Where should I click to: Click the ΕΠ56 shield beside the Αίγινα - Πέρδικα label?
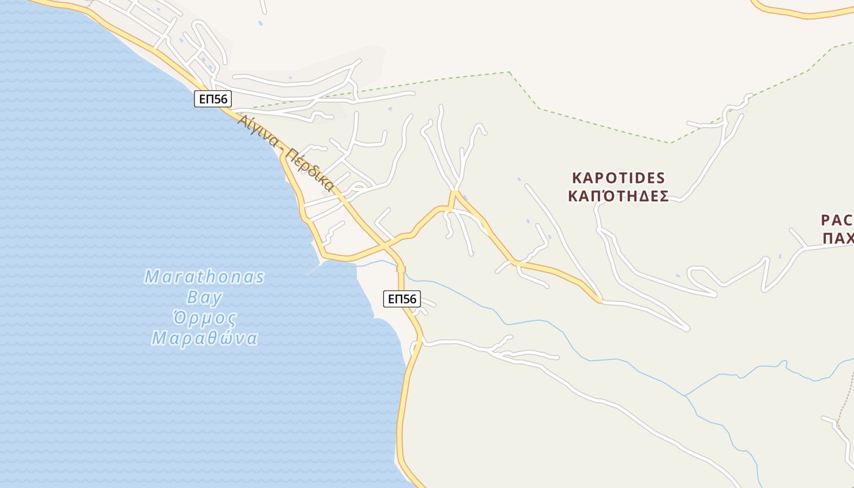[x=213, y=99]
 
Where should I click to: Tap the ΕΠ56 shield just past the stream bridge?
[x=402, y=299]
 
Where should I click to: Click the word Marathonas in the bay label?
[x=204, y=278]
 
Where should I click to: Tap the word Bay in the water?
[x=204, y=298]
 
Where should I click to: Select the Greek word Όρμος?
[x=204, y=318]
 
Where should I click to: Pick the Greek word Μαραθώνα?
[x=204, y=339]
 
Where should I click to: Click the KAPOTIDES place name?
[x=619, y=178]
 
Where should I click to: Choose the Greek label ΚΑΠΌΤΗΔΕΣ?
[x=619, y=196]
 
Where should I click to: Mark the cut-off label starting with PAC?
[x=837, y=220]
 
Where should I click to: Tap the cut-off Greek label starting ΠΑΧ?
[x=838, y=238]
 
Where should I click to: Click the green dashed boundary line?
[x=604, y=125]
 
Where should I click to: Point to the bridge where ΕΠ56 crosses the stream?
[x=401, y=269]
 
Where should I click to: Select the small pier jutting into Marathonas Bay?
[x=312, y=270]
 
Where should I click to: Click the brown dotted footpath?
[x=848, y=396]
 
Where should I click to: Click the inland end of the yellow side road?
[x=600, y=300]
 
